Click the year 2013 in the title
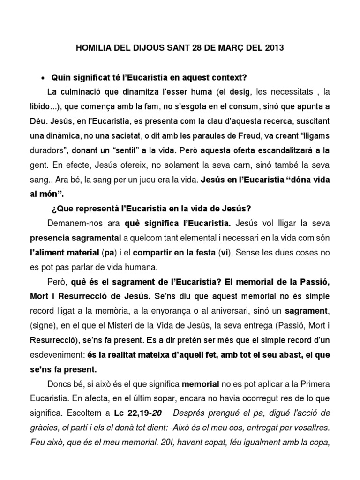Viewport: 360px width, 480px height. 274,48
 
